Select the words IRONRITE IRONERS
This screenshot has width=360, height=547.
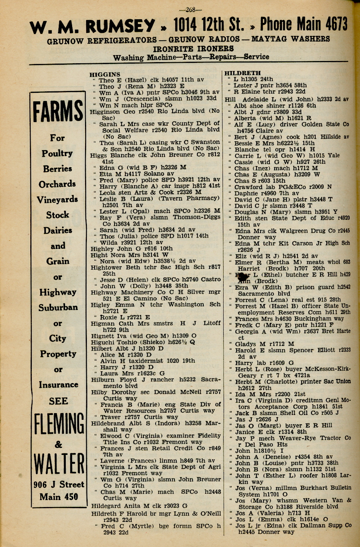point(193,49)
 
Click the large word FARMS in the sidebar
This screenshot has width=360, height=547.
point(58,111)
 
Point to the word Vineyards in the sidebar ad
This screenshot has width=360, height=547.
point(57,200)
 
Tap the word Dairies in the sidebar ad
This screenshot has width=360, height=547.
point(58,230)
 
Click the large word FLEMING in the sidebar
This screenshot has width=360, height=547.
point(59,424)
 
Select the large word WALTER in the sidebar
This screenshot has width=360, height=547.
point(59,463)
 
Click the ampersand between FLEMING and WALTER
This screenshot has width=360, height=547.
point(58,444)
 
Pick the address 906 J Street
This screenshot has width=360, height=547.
point(59,484)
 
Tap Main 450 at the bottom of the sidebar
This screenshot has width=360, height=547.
point(59,497)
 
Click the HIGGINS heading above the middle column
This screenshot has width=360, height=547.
point(105,74)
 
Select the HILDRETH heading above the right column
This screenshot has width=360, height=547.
point(242,73)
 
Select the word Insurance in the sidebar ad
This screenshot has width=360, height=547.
point(58,385)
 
